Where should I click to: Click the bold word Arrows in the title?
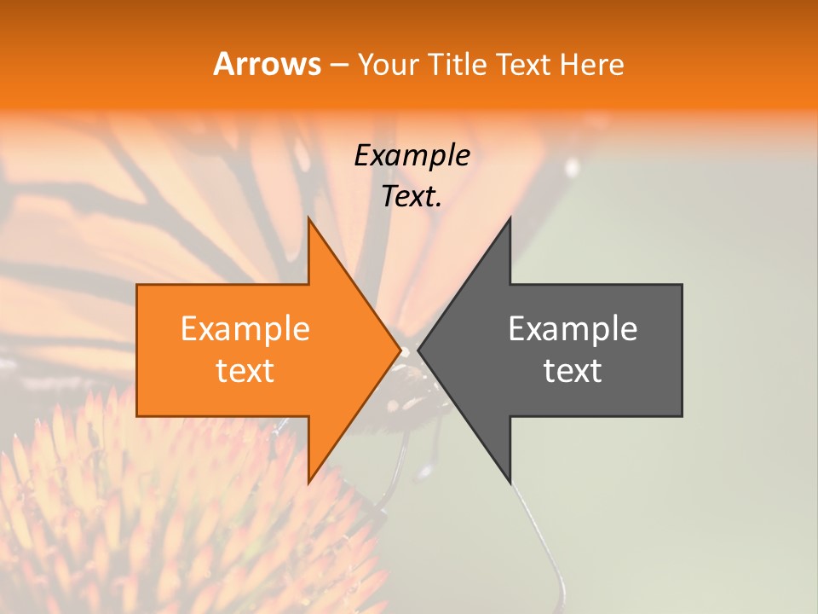click(268, 64)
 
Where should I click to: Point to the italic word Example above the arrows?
click(412, 156)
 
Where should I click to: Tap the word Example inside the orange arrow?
click(245, 329)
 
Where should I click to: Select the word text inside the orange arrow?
click(245, 371)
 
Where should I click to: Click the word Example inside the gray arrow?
click(573, 329)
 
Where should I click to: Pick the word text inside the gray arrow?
click(573, 371)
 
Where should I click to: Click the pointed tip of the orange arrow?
click(400, 350)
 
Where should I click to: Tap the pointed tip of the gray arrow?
click(419, 350)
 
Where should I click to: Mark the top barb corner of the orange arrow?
click(308, 219)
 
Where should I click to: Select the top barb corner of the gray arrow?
click(510, 219)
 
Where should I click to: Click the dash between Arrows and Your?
click(338, 66)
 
